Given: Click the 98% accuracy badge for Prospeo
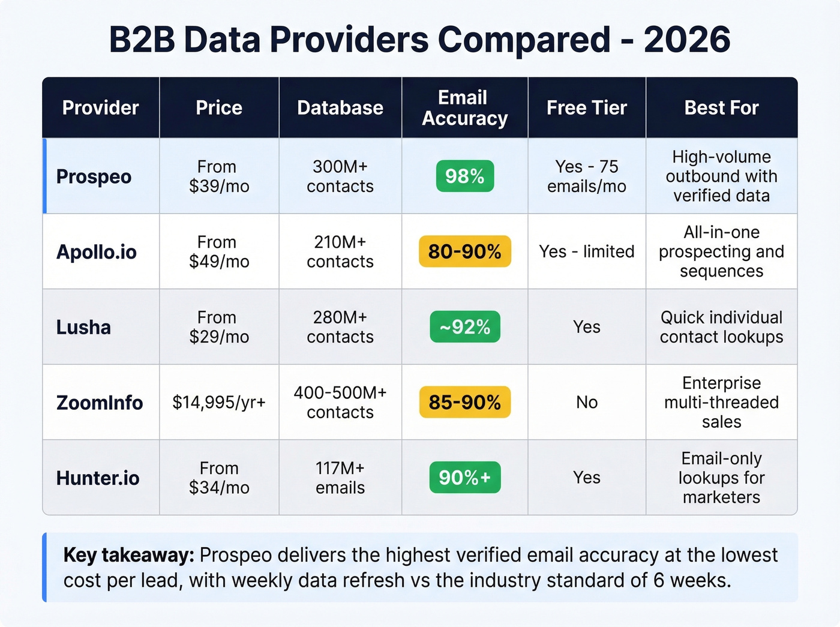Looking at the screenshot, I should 465,176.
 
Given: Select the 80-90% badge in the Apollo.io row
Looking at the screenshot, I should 465,251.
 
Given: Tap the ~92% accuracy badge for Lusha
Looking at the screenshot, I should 465,327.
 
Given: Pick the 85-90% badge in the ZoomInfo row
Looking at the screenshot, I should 465,402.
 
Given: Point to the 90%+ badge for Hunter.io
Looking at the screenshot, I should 465,478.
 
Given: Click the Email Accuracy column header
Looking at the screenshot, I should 464,108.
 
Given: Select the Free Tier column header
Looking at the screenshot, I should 586,108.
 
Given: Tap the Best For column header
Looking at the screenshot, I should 721,108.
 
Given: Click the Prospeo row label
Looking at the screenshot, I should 94,177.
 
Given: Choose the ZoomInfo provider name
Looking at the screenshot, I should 100,403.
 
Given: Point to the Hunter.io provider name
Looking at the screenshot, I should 98,478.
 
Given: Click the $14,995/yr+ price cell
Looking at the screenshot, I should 219,403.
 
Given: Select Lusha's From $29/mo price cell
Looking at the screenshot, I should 219,327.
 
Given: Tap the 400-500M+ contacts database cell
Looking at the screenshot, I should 340,403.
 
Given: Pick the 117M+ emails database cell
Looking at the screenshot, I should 340,478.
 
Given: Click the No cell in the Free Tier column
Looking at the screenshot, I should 587,403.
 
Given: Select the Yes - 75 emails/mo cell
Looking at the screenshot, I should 586,176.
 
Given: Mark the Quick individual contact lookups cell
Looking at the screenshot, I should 721,327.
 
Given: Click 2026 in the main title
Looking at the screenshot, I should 687,40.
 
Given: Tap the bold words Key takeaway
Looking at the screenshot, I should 128,555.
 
